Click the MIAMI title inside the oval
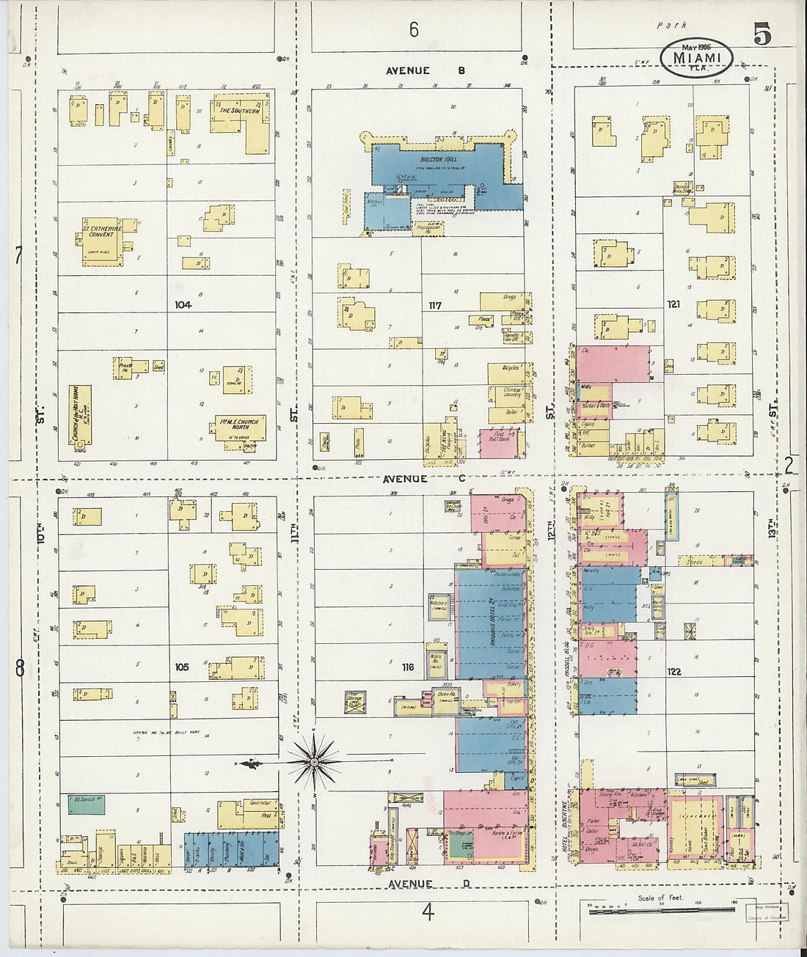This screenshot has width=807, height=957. [696, 57]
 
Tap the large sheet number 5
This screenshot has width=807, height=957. [762, 34]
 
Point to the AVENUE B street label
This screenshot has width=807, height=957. [426, 71]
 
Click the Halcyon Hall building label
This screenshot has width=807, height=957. [439, 158]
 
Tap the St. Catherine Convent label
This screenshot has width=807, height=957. [102, 230]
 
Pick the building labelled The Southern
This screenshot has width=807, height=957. [240, 111]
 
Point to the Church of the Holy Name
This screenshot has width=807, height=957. [79, 415]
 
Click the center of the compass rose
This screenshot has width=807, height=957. [314, 763]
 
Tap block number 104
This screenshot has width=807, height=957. [183, 304]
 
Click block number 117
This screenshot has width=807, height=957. [436, 305]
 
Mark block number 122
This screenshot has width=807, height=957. [674, 671]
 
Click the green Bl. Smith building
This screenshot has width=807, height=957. [86, 804]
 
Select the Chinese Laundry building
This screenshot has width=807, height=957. [512, 394]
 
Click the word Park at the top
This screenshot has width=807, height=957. [672, 25]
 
